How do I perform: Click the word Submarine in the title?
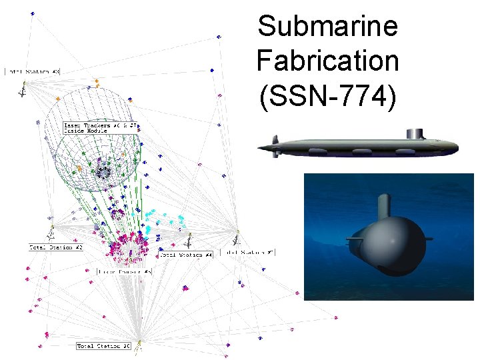pyautogui.click(x=327, y=27)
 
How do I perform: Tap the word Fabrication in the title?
pyautogui.click(x=327, y=61)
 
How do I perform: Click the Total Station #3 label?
pyautogui.click(x=33, y=71)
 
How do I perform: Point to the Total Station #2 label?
pyautogui.click(x=56, y=247)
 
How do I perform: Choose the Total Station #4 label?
pyautogui.click(x=186, y=255)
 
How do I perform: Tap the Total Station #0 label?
pyautogui.click(x=103, y=346)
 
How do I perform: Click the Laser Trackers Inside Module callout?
pyautogui.click(x=101, y=127)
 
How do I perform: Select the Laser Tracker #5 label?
pyautogui.click(x=125, y=271)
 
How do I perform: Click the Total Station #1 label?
pyautogui.click(x=247, y=253)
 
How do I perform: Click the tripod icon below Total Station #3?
pyautogui.click(x=23, y=88)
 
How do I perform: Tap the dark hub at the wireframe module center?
pyautogui.click(x=104, y=172)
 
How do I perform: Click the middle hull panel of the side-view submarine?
pyautogui.click(x=363, y=153)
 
